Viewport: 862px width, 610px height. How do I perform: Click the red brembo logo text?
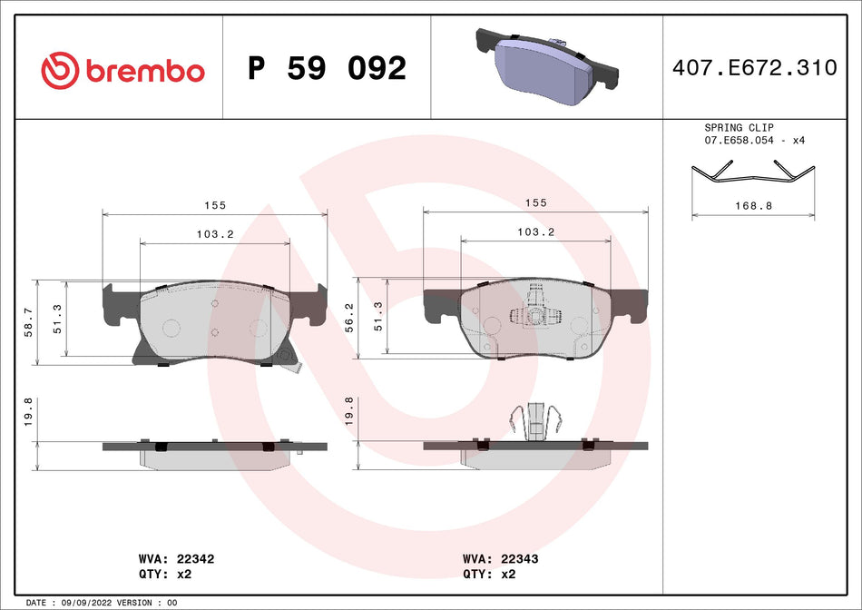(144, 71)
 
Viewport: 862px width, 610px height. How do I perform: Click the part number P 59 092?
(327, 68)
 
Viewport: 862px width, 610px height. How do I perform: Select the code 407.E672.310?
(754, 68)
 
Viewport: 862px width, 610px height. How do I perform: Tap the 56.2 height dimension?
(349, 317)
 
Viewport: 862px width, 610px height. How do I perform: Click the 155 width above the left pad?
(215, 206)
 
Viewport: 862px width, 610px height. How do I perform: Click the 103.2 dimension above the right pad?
(536, 232)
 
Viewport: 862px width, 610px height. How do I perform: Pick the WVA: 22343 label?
(500, 559)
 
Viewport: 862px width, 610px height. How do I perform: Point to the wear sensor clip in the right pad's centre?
(534, 314)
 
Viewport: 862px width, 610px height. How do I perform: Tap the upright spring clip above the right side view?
(536, 419)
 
